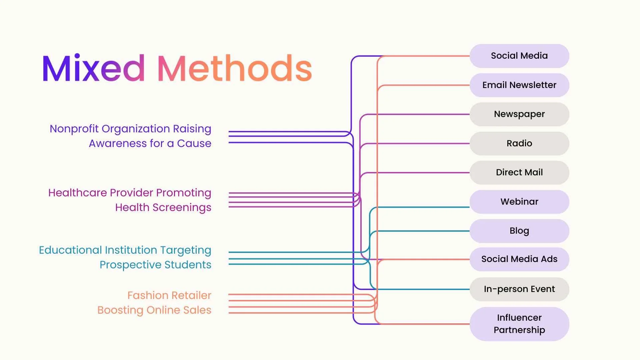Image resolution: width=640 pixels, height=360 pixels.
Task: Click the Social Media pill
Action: (x=519, y=56)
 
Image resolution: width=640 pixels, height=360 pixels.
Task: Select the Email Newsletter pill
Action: (x=519, y=85)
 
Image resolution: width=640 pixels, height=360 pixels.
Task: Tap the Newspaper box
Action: (x=519, y=114)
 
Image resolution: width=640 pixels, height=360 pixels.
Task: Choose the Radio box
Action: (x=519, y=143)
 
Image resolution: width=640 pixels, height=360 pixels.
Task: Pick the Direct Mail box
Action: (x=519, y=172)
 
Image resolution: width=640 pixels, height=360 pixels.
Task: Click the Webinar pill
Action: (x=519, y=202)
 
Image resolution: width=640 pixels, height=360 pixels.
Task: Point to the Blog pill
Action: (x=519, y=231)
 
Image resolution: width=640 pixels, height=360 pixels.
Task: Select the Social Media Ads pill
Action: (x=519, y=259)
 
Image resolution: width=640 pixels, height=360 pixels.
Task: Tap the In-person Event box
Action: (x=519, y=289)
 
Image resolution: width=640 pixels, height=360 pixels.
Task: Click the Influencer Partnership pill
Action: (x=519, y=324)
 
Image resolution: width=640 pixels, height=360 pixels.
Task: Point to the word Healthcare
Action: (x=77, y=193)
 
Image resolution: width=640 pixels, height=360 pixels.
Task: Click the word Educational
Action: (x=70, y=250)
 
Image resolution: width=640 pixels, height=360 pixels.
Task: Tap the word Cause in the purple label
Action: (x=194, y=143)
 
